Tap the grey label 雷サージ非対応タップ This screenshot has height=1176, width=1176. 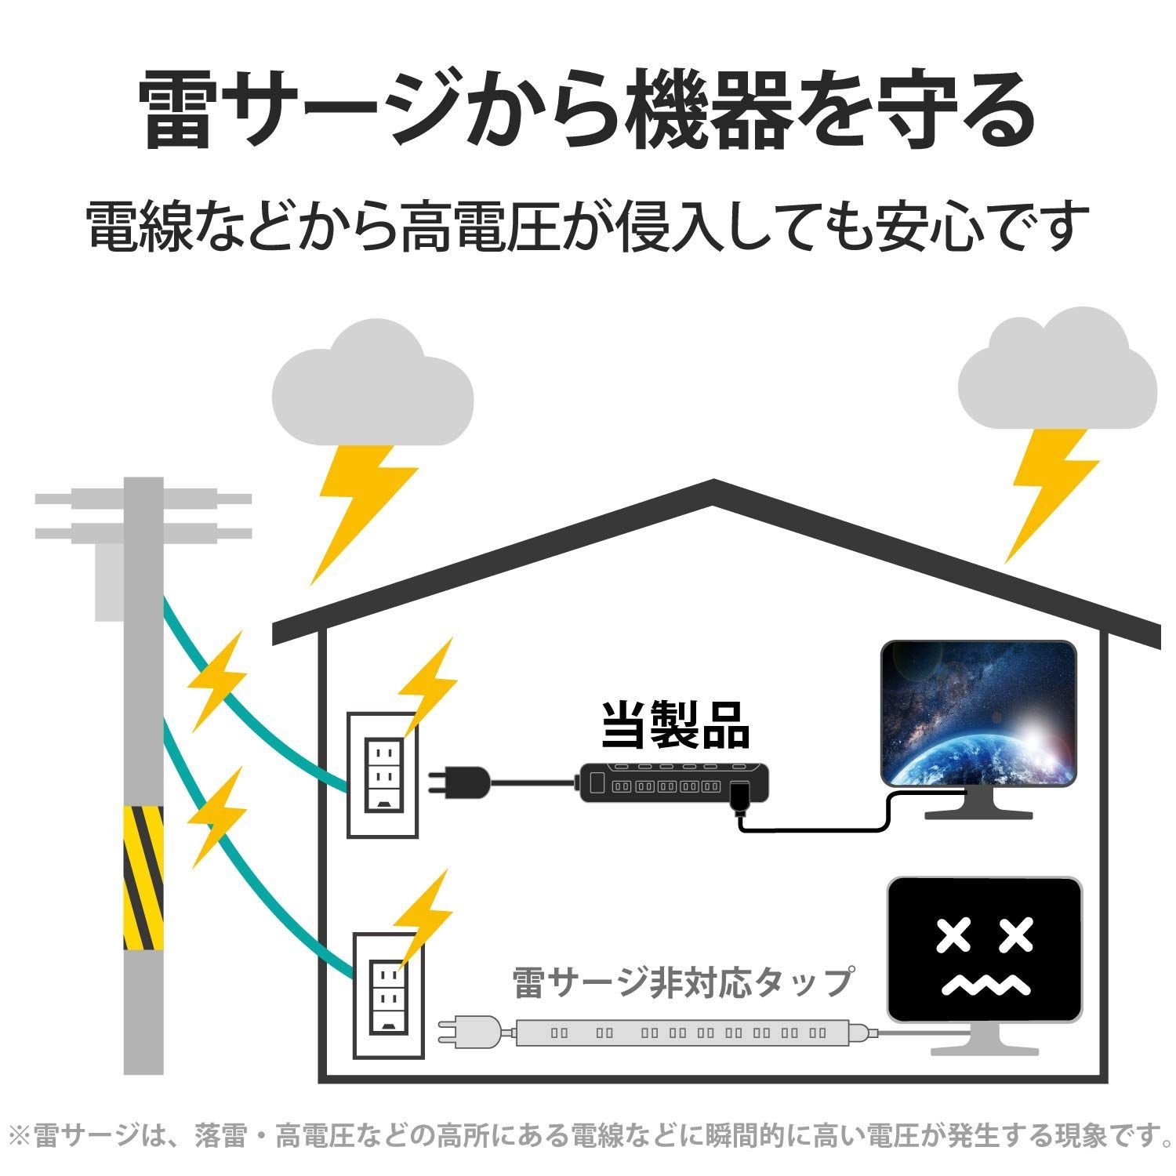point(682,982)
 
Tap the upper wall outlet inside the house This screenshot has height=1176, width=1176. point(383,775)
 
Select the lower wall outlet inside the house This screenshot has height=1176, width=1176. point(388,995)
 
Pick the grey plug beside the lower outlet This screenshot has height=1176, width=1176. point(469,1030)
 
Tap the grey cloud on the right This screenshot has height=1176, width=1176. point(1058,369)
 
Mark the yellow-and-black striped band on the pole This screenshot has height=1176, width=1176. point(143,878)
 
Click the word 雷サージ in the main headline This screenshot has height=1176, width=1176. point(299,111)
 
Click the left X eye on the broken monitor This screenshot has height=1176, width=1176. point(953,935)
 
